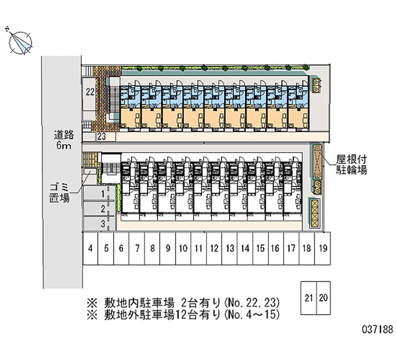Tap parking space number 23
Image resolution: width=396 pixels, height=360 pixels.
point(101,137)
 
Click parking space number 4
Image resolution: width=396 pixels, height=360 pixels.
point(91,248)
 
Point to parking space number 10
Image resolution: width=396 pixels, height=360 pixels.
point(183,248)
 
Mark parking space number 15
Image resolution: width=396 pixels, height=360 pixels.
point(260,248)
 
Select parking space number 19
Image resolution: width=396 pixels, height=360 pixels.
point(322,248)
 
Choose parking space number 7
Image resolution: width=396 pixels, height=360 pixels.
point(137,248)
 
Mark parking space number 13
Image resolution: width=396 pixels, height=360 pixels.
point(229,248)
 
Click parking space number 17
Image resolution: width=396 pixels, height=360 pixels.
point(291,248)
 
